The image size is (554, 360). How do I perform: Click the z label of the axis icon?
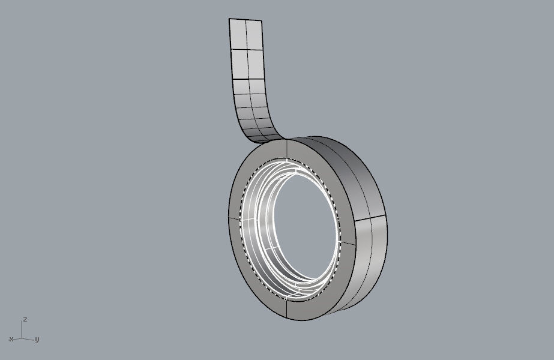(x=25, y=319)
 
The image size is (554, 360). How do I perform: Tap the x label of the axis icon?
(x=11, y=340)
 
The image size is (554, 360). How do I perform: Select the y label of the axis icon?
(x=37, y=340)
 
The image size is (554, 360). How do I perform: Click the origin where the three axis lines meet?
(x=22, y=338)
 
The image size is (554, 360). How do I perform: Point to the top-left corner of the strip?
(x=229, y=19)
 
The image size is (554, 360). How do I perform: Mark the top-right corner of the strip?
(x=262, y=21)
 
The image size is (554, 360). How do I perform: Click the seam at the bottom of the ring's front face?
(x=288, y=310)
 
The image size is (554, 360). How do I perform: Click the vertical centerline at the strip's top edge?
(x=245, y=20)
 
